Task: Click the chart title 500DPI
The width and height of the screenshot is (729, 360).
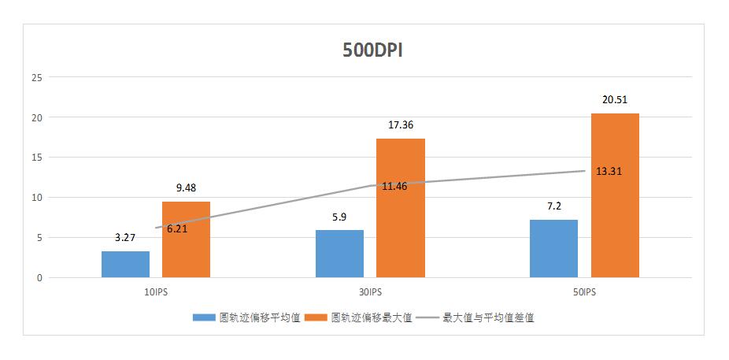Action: tap(373, 50)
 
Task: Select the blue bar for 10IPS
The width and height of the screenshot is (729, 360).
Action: tap(125, 264)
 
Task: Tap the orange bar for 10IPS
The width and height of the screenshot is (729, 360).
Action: tap(186, 239)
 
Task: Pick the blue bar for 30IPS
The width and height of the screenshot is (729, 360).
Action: tap(339, 254)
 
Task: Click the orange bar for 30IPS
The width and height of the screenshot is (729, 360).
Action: tap(400, 208)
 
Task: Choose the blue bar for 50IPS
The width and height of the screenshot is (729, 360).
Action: tap(553, 248)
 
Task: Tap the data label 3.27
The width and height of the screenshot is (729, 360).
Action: tap(125, 237)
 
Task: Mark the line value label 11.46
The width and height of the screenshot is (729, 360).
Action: tap(397, 187)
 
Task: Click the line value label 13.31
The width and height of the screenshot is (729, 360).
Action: tap(611, 172)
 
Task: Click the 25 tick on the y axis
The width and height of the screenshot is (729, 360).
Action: tap(36, 77)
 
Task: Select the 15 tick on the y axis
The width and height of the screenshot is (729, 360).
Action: tap(36, 158)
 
